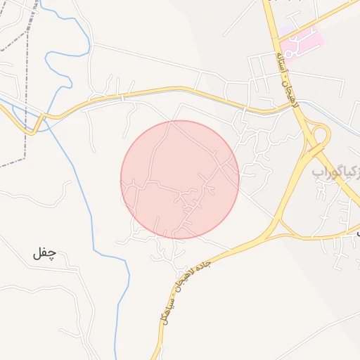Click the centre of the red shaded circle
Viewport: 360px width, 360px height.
[x=180, y=179]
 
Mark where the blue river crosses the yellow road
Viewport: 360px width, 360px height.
[x=45, y=117]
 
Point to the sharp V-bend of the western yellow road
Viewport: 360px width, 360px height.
[x=32, y=131]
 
